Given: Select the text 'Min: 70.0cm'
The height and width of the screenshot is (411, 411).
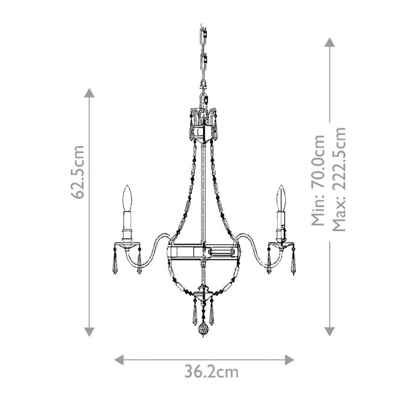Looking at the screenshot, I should coord(318,180).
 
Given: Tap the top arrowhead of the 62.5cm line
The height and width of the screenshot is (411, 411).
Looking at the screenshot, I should coord(89,93).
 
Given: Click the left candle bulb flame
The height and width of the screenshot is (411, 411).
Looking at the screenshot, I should coord(126,198).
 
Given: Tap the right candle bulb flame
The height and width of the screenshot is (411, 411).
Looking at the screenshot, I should coord(282,198).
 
